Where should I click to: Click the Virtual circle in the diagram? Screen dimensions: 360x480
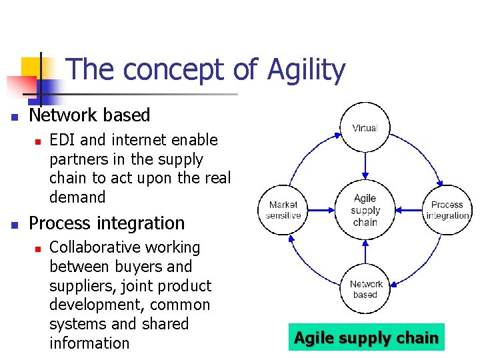365,127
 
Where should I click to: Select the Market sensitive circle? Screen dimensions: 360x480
283,209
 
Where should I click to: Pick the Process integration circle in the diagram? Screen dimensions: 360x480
447,209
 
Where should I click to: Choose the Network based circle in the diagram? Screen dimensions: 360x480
365,289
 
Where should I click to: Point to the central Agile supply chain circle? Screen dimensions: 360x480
365,209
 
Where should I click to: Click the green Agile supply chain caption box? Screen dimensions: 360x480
366,338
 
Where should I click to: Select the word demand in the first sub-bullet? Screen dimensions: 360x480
77,197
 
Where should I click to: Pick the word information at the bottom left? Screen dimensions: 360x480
89,343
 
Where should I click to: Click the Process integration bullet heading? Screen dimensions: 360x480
107,223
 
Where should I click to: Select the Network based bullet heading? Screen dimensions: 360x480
90,115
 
